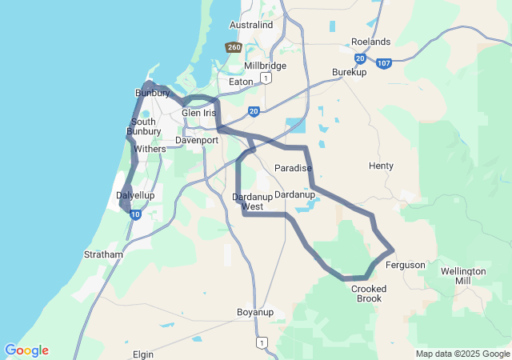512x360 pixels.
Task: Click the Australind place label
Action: coord(251,25)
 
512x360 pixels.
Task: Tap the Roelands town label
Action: coord(370,42)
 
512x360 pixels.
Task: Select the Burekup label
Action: coord(349,72)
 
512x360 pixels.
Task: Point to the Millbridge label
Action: coord(266,65)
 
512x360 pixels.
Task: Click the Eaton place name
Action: coord(240,82)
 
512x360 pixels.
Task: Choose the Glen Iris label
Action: coord(199,113)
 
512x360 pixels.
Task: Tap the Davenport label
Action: coord(197,140)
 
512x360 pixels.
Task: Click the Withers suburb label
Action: coord(150,149)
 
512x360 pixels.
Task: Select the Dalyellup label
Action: coord(135,195)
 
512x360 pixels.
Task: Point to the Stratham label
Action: coord(104,254)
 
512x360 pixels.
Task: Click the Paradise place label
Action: coord(293,168)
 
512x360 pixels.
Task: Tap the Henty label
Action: coord(381,166)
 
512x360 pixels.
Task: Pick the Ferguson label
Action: coord(405,265)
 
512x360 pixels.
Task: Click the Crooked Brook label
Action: coord(369,294)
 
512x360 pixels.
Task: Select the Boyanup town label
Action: coord(255,311)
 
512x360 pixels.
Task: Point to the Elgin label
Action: coord(143,352)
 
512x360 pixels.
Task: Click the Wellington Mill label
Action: coord(463,276)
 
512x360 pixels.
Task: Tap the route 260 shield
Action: coord(234,48)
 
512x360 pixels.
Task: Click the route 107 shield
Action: coord(385,63)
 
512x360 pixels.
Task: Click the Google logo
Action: coord(26,350)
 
